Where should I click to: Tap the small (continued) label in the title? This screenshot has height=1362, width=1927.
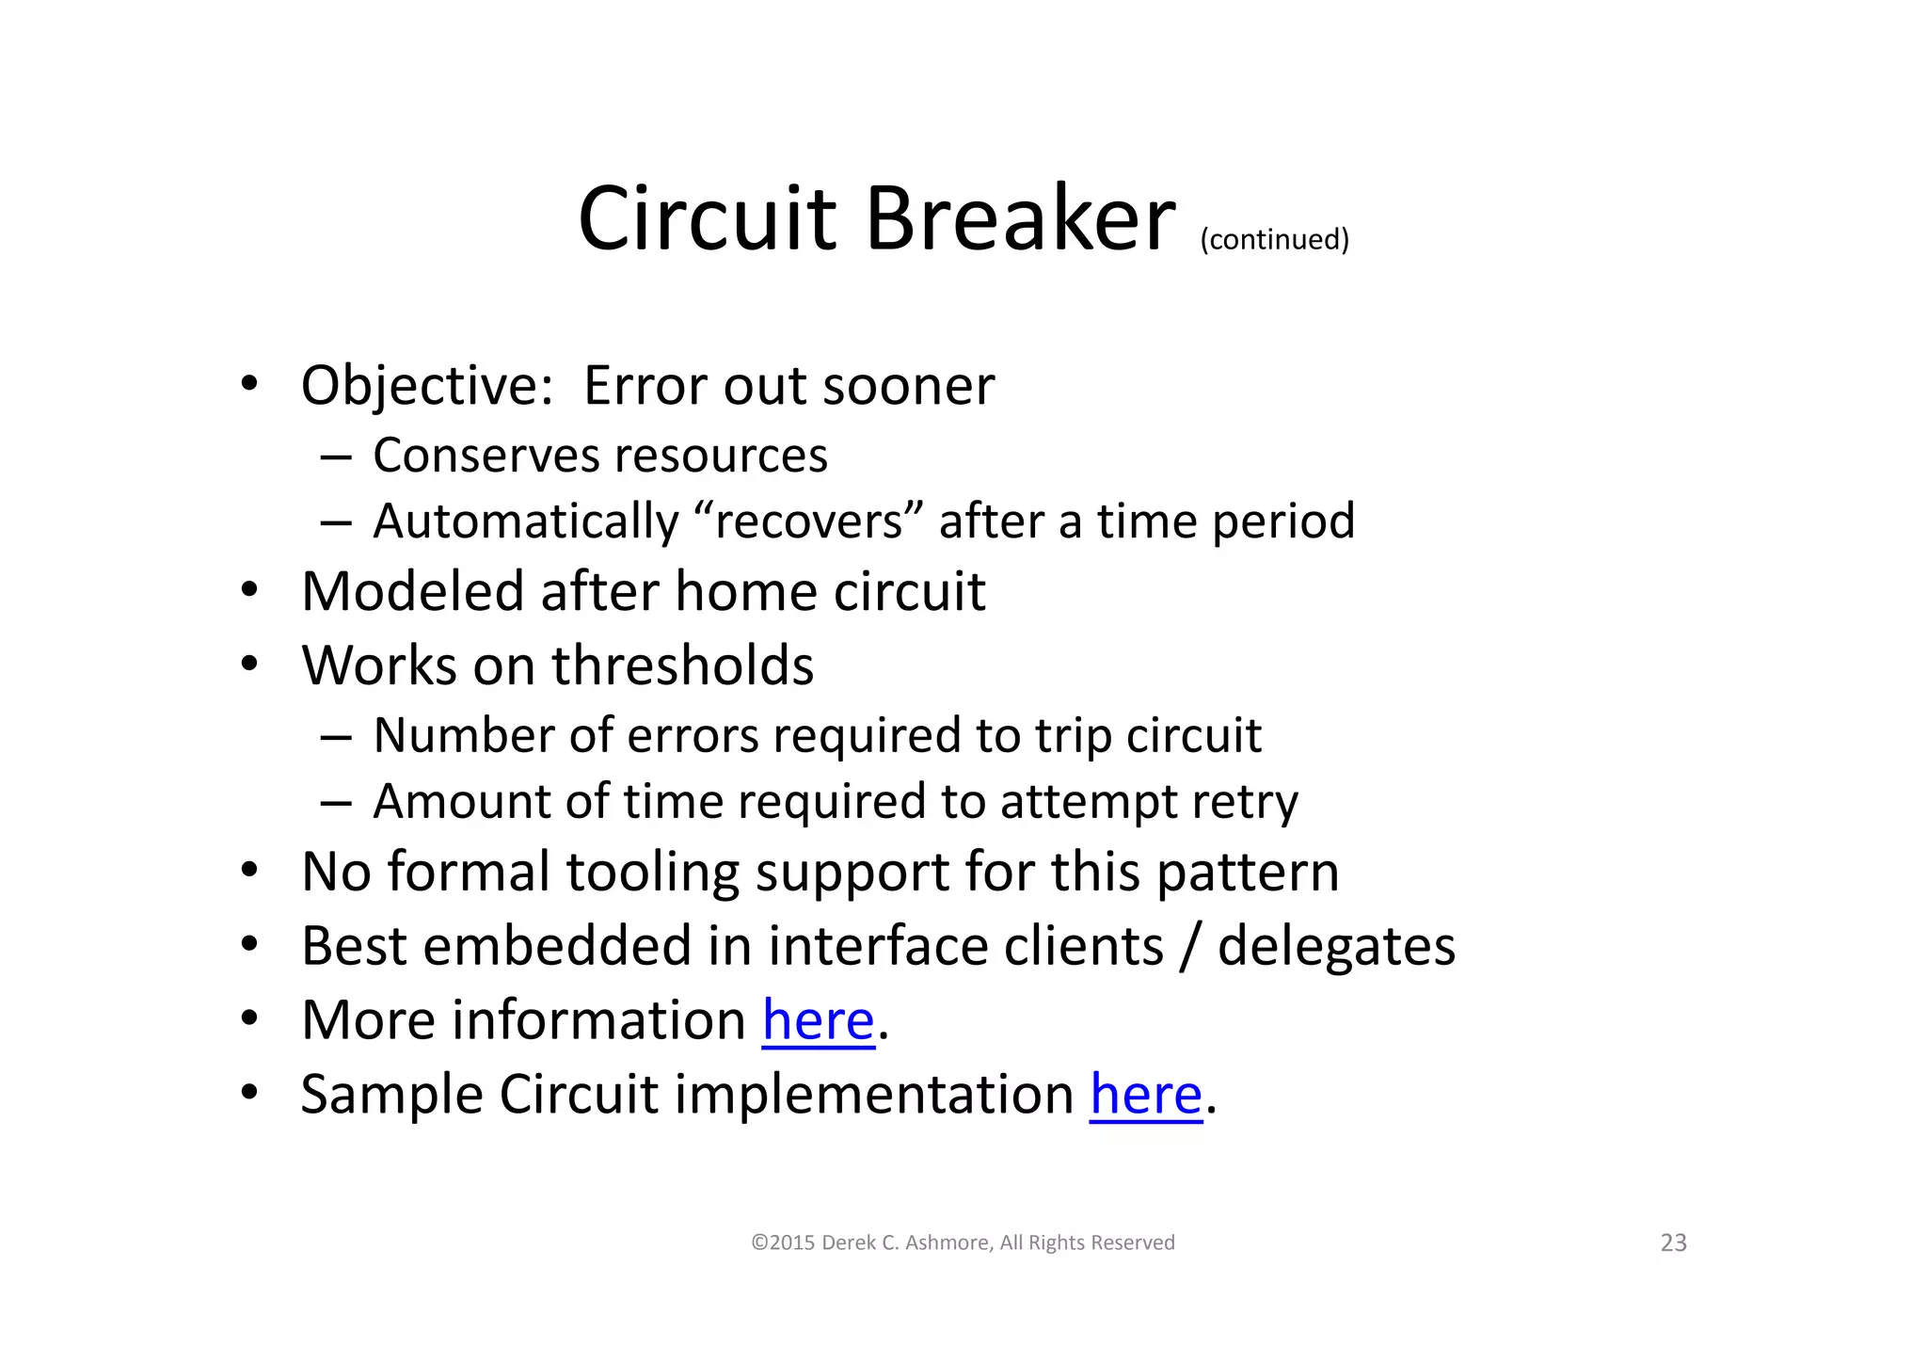pos(1274,239)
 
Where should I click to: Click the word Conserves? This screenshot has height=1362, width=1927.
pos(492,456)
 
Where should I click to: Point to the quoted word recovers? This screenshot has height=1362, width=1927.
pos(808,521)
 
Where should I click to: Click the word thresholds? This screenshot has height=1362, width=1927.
pos(682,665)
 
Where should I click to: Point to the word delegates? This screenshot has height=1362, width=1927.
pos(1336,946)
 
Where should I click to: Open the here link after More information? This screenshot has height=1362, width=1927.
pos(818,1020)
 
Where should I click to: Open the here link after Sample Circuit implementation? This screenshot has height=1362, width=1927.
pos(1145,1095)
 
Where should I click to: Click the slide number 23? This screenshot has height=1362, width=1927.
pos(1673,1243)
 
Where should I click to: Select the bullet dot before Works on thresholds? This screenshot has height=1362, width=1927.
pos(248,665)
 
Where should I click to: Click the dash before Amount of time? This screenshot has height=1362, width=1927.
pos(335,803)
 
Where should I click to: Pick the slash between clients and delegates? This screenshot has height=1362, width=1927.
pos(1190,946)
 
